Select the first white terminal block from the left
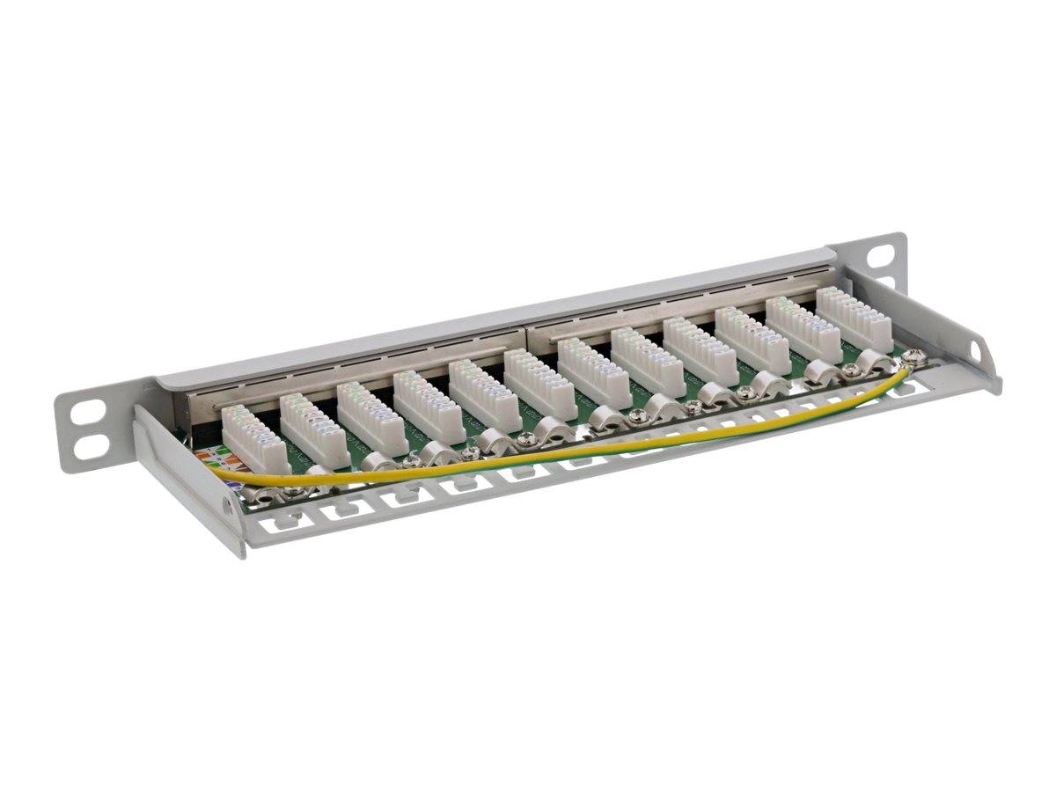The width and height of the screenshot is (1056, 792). pos(254,440)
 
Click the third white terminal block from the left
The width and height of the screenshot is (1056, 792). pos(370,417)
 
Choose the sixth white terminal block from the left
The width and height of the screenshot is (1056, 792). pos(539,384)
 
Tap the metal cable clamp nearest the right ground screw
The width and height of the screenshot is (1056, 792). pos(874,362)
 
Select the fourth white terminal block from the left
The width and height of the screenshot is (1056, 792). pos(428,406)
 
